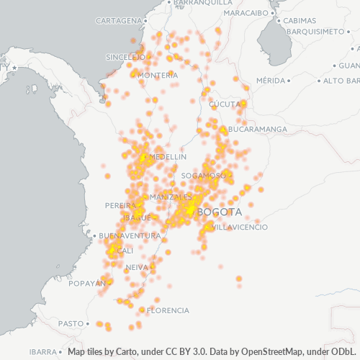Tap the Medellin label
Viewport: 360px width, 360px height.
167,156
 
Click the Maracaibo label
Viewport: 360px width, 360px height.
246,13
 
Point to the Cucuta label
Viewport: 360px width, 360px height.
224,104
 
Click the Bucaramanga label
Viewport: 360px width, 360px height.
257,129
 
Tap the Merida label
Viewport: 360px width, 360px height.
271,80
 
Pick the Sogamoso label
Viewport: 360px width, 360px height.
203,175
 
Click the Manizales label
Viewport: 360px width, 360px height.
171,197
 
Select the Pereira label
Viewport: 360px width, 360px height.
121,205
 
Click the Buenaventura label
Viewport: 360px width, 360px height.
129,235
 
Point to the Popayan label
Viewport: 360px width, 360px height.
87,284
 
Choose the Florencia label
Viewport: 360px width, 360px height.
168,310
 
